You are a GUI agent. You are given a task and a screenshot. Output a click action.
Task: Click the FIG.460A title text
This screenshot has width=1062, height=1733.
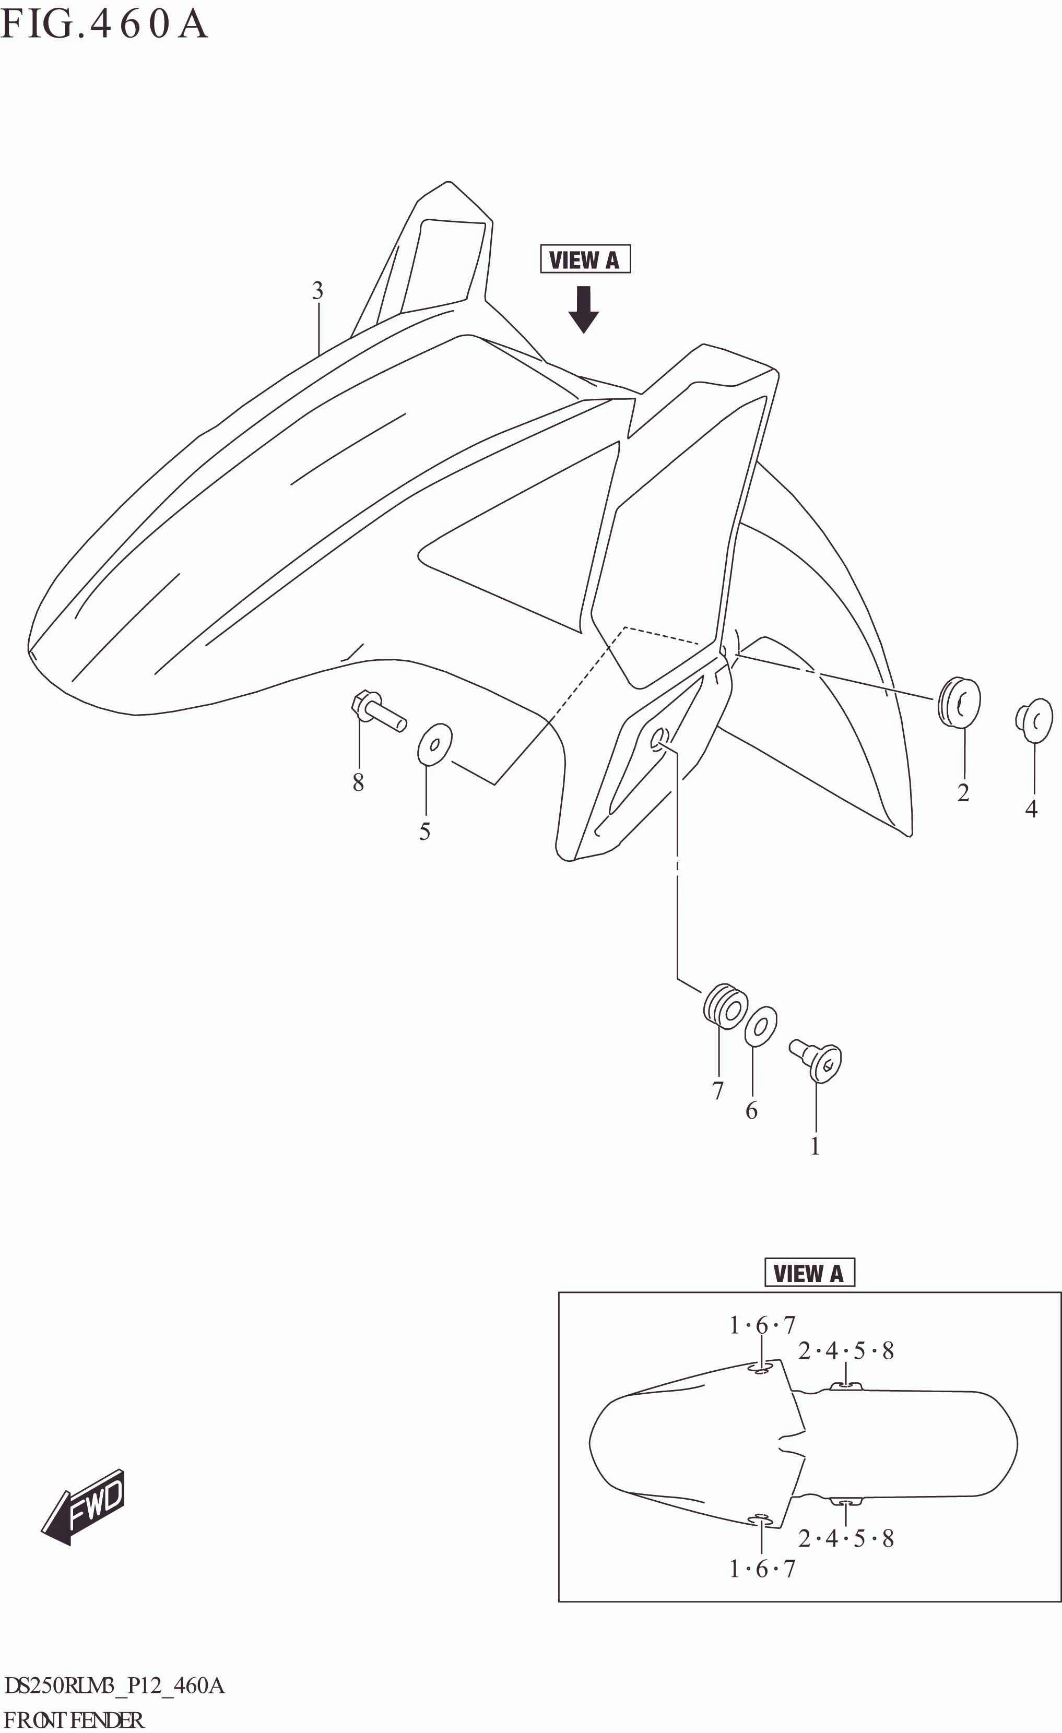pos(104,24)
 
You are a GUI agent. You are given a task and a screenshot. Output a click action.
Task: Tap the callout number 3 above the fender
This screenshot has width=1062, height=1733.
pos(318,290)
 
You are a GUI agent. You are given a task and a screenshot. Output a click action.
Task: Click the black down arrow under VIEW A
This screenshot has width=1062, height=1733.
pos(583,309)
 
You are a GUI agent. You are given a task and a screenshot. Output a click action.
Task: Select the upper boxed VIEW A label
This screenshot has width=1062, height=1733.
pos(584,259)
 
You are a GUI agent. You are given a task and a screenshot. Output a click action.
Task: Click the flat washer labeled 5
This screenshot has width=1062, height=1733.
pos(434,743)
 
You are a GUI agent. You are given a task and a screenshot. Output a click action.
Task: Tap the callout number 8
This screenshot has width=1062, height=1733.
pos(358,782)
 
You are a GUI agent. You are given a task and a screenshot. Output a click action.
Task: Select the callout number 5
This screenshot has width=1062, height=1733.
pos(425,832)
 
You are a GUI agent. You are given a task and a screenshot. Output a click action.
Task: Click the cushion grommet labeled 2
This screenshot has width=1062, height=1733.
pos(959,701)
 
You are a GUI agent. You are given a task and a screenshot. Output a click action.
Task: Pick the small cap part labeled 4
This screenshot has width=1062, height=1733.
pos(1034,719)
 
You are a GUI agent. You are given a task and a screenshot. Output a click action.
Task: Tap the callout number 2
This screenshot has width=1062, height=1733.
pos(963,793)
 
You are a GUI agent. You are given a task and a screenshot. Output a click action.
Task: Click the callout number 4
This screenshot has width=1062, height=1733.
pos(1031,809)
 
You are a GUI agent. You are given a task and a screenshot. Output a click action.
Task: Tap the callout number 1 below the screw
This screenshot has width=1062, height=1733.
pos(815,1146)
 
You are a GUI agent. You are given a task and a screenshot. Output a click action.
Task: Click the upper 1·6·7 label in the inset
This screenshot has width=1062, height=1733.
pos(762,1326)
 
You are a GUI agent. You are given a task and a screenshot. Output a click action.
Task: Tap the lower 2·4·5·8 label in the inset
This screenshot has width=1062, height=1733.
pos(846,1539)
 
